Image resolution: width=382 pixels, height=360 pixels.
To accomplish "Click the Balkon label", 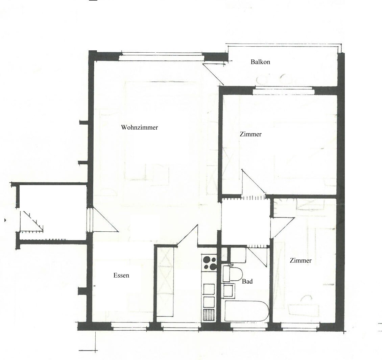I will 260,62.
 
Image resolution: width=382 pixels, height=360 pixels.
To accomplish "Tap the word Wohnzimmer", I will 139,128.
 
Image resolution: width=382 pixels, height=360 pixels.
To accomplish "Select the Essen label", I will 121,276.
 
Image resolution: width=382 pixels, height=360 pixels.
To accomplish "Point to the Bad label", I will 247,281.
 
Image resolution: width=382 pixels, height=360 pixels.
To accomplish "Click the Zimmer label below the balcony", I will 250,134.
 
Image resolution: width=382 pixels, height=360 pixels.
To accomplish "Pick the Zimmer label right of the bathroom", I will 301,261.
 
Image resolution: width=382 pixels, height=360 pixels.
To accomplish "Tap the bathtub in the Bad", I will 246,311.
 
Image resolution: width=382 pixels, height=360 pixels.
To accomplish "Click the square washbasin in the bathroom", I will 229,290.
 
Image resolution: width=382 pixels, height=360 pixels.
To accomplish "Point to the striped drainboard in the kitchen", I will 209,315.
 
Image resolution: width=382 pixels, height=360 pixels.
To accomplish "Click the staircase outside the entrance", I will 32,222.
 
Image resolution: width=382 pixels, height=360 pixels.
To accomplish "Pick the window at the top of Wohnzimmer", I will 161,56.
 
